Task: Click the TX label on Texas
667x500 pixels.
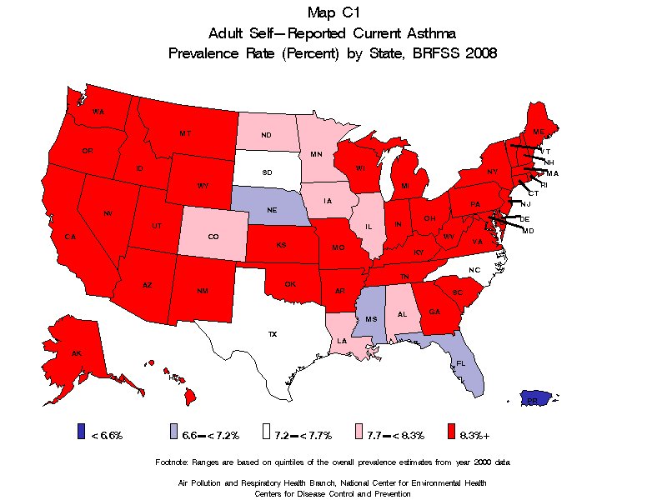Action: point(272,334)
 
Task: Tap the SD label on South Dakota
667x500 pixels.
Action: point(268,172)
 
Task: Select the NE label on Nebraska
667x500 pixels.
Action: point(272,210)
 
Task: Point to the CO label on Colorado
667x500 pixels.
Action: point(213,237)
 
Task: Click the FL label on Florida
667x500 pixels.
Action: point(461,364)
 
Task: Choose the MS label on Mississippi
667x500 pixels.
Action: point(371,320)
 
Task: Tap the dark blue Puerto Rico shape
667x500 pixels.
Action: point(534,398)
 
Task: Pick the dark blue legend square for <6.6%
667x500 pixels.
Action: point(81,432)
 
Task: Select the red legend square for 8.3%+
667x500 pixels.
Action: point(451,432)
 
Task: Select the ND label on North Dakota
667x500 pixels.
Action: point(266,135)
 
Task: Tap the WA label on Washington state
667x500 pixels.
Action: point(98,112)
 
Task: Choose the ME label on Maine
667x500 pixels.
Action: point(539,132)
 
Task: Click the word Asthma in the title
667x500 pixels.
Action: point(429,33)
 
